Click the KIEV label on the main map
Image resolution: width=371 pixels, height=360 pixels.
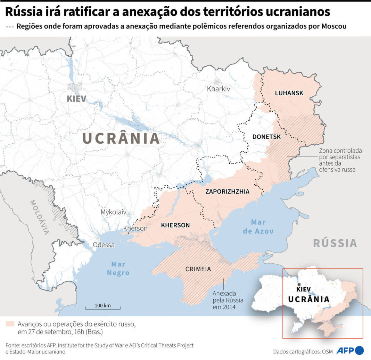tap(76, 98)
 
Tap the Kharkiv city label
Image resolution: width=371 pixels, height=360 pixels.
tap(219, 89)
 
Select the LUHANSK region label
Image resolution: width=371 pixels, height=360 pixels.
tap(289, 93)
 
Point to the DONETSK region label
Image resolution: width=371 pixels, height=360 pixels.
tap(266, 137)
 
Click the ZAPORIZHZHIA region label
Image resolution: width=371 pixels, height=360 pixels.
tap(228, 192)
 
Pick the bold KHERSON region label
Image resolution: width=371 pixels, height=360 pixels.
tap(175, 225)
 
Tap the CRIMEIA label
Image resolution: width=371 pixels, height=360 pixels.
tap(198, 269)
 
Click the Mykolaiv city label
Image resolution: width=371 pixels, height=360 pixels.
tap(114, 212)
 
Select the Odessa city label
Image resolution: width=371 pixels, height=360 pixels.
tap(104, 245)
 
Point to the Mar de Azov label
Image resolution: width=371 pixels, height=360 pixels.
tap(258, 227)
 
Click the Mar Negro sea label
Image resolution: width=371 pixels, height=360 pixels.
tap(118, 269)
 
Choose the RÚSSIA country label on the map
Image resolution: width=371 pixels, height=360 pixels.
tap(335, 243)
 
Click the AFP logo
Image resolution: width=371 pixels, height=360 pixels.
tap(350, 350)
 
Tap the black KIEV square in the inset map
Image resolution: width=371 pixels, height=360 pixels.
tap(299, 284)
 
